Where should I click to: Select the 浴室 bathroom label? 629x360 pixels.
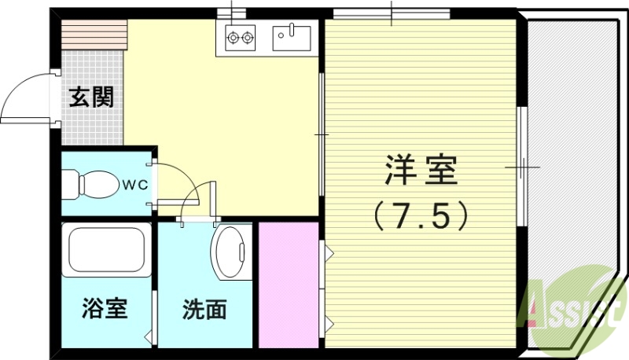click(104, 309)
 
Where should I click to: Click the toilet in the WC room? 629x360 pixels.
click(94, 186)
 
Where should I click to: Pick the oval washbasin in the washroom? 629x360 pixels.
click(230, 252)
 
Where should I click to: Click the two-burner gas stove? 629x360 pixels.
click(241, 36)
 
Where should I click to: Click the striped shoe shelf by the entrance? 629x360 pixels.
click(94, 34)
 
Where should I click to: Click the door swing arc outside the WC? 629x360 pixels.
click(197, 201)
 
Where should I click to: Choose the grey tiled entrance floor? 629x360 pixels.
click(92, 118)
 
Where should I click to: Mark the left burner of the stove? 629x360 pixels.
click(234, 35)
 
